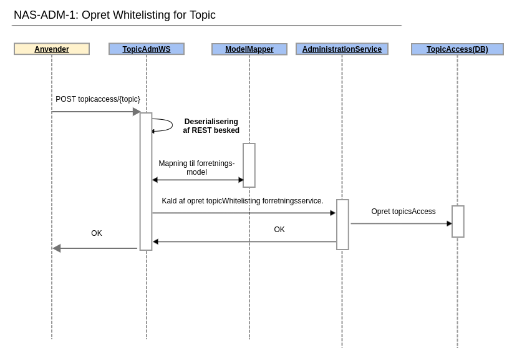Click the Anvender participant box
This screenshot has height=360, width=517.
(x=52, y=49)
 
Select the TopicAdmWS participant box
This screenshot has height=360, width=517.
(x=147, y=49)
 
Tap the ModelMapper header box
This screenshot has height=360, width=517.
(x=249, y=49)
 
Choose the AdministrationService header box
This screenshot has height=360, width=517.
(x=342, y=49)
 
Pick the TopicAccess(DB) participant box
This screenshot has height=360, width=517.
(x=457, y=49)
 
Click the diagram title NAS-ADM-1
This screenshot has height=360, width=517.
(x=115, y=15)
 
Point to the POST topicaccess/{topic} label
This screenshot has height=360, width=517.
(x=98, y=99)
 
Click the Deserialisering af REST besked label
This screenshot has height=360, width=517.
(x=211, y=126)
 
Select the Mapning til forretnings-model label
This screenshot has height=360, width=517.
(x=196, y=168)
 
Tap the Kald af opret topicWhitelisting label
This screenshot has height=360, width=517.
(x=243, y=201)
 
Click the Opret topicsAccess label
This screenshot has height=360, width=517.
(x=403, y=212)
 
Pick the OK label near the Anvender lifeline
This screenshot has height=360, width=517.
(x=97, y=233)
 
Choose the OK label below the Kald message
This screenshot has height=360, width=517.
(x=279, y=230)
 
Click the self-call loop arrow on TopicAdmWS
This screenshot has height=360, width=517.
(x=167, y=125)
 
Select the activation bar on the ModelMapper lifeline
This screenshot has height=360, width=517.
(x=249, y=165)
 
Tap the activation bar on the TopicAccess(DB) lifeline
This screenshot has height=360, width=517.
(x=458, y=221)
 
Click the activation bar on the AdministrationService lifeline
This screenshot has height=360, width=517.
(x=342, y=225)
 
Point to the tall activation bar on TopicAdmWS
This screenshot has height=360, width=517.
(x=146, y=182)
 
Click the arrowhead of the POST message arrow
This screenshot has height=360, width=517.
(x=137, y=112)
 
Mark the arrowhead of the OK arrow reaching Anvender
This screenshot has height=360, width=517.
(x=57, y=248)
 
